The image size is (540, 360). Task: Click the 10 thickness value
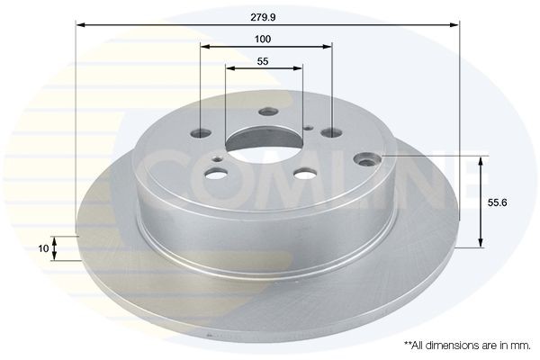click(41, 247)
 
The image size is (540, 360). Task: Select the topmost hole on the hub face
click(265, 112)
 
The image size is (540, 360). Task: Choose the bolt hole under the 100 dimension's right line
click(332, 133)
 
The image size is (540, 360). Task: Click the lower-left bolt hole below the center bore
click(218, 174)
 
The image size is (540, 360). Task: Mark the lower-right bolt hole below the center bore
click(305, 175)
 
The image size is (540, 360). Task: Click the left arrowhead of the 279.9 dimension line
click(80, 26)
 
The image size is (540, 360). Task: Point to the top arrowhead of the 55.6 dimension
click(482, 161)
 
